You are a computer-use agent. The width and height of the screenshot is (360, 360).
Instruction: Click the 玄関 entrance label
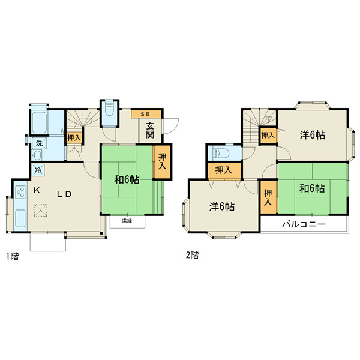pyautogui.click(x=150, y=130)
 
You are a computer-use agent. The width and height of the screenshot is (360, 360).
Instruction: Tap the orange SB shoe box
pyautogui.click(x=146, y=115)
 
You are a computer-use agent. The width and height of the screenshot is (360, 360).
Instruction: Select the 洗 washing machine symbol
pyautogui.click(x=39, y=143)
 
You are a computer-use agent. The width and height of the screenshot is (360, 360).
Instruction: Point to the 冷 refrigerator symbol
pyautogui.click(x=38, y=170)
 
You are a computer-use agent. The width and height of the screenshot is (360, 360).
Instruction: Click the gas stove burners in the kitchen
pyautogui.click(x=20, y=192)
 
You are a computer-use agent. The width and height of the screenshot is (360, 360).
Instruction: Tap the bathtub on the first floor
pyautogui.click(x=39, y=122)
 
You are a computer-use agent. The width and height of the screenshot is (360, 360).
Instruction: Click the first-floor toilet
pyautogui.click(x=109, y=110)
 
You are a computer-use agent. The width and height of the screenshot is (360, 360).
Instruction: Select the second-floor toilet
pyautogui.click(x=220, y=152)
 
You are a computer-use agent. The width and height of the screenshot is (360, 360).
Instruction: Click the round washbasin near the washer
pyautogui.click(x=37, y=155)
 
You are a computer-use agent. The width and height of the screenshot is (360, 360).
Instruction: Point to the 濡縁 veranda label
pyautogui.click(x=127, y=221)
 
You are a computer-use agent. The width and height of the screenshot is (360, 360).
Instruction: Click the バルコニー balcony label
pyautogui.click(x=304, y=224)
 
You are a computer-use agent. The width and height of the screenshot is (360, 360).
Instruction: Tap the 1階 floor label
pyautogui.click(x=13, y=256)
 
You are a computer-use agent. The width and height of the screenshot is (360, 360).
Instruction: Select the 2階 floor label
pyautogui.click(x=192, y=255)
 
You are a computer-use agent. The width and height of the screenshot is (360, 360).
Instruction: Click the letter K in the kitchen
pyautogui.click(x=37, y=190)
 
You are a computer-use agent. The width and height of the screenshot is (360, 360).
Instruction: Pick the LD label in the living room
pyautogui.click(x=64, y=194)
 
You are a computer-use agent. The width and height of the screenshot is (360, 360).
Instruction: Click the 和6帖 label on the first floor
pyautogui.click(x=127, y=180)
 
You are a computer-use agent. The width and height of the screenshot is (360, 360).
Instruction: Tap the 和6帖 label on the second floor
pyautogui.click(x=312, y=188)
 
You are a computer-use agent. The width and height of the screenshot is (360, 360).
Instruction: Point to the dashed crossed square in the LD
pyautogui.click(x=41, y=211)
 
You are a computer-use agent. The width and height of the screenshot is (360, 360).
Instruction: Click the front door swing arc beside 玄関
pyautogui.click(x=173, y=128)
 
